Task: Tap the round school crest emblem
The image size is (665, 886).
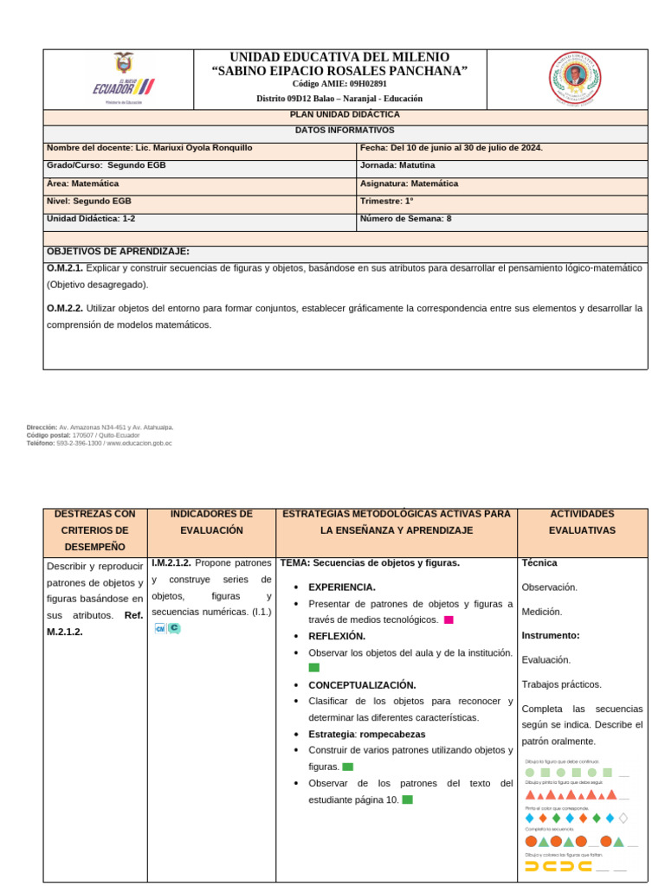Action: (575, 79)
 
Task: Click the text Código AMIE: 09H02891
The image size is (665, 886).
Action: (339, 84)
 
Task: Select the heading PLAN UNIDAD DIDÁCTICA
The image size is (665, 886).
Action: (345, 114)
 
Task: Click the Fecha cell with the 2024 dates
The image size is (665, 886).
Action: (451, 148)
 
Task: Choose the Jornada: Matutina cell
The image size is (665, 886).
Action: (397, 165)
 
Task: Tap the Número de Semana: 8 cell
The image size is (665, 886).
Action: (405, 219)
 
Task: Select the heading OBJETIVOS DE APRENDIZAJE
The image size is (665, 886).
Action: (118, 252)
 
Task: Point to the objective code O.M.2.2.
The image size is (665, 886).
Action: (65, 308)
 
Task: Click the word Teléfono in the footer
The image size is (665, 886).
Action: (40, 443)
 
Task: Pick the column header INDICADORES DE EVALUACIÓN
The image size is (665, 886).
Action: (211, 522)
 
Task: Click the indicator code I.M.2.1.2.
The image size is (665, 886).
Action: (171, 563)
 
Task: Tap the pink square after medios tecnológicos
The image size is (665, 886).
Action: (449, 620)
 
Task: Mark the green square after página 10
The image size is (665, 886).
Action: (408, 799)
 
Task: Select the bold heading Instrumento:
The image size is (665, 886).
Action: (551, 635)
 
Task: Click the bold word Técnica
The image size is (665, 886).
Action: (539, 562)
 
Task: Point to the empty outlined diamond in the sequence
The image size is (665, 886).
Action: (623, 818)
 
